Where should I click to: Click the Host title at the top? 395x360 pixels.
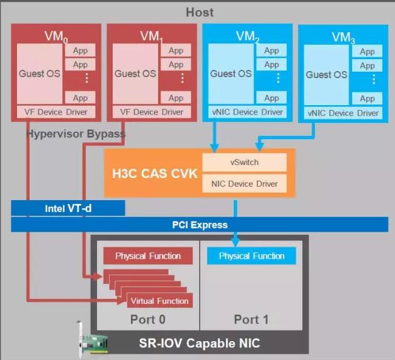coord(200,12)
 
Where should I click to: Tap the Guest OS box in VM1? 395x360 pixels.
coord(132,74)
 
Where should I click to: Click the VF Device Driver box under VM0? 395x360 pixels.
coord(55,112)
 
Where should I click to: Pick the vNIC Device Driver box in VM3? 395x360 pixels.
coord(343,113)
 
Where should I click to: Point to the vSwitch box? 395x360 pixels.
coord(244,162)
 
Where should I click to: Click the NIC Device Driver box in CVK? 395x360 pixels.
coord(244,184)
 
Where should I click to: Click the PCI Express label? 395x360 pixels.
coord(199,225)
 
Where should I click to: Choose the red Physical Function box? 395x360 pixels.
coord(147,256)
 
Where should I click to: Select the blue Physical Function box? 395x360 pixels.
coord(251,256)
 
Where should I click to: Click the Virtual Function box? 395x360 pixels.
coord(159,301)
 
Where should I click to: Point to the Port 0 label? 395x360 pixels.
coord(147,320)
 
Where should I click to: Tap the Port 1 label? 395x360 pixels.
coord(251,320)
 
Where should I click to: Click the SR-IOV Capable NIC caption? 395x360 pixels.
coord(200,343)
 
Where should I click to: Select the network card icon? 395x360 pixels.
coord(92,342)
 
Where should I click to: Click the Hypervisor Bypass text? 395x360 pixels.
coord(76,134)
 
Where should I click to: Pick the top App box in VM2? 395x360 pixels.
coord(272,50)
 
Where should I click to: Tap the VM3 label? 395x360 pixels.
coord(343,37)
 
